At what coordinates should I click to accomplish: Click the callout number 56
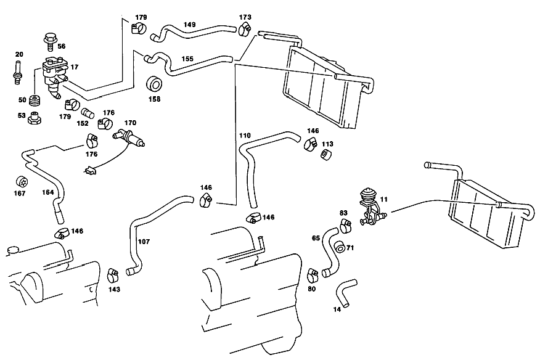coord(61,46)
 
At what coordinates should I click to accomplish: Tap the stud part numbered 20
coord(17,72)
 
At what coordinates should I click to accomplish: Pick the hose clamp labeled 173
coord(244,29)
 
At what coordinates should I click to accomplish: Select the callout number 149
coord(189,25)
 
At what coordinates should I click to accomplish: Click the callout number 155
coord(187,59)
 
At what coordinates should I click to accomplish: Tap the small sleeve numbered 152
coord(88,113)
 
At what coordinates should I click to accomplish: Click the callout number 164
coord(48,192)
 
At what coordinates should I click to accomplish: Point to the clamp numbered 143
coord(113,274)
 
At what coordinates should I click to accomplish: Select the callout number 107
coord(144,242)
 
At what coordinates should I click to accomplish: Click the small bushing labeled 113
coord(326,154)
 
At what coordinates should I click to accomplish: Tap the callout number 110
coord(245,136)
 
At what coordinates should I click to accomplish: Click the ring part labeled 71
coord(340,247)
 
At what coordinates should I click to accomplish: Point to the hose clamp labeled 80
coord(313,274)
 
